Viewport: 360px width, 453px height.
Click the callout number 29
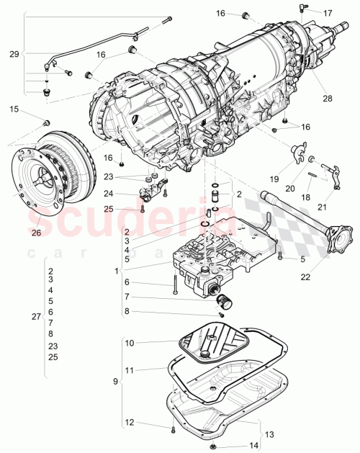[x=13, y=54]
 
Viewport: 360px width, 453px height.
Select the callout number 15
[x=15, y=109]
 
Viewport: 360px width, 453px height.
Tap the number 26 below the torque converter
[x=36, y=233]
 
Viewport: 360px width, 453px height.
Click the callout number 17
[x=328, y=13]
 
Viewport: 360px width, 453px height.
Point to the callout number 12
[x=130, y=421]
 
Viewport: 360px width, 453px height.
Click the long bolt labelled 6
[x=174, y=282]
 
